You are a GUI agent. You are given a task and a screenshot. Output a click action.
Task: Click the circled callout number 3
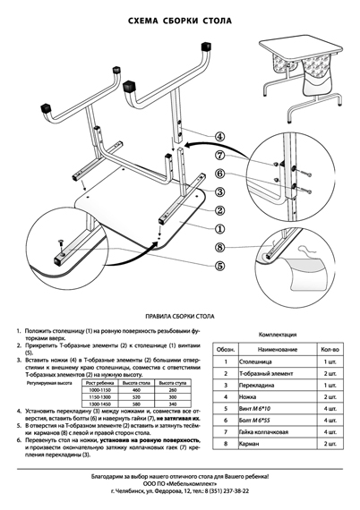[219, 191]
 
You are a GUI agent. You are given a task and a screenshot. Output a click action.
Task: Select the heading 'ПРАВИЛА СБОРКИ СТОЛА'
[180, 317]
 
